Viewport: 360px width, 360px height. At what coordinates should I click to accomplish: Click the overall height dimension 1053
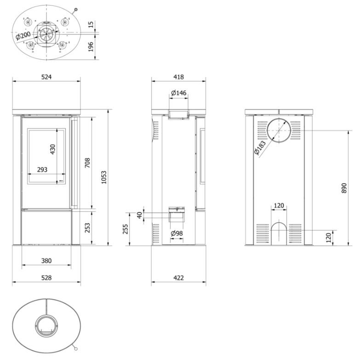click(104, 177)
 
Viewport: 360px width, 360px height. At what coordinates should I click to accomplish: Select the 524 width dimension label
click(46, 77)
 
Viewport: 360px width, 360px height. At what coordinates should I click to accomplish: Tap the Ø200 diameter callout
click(23, 36)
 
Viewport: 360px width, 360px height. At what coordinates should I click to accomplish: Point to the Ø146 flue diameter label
click(178, 93)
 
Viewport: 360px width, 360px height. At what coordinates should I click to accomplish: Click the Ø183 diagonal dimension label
click(260, 148)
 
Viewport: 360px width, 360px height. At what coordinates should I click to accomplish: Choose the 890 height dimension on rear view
click(344, 188)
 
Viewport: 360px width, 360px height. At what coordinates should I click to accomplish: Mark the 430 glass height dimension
click(53, 149)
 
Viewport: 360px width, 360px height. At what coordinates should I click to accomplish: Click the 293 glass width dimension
click(42, 169)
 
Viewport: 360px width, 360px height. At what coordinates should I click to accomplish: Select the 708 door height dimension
click(87, 163)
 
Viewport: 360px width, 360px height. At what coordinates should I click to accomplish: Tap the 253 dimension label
click(87, 228)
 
